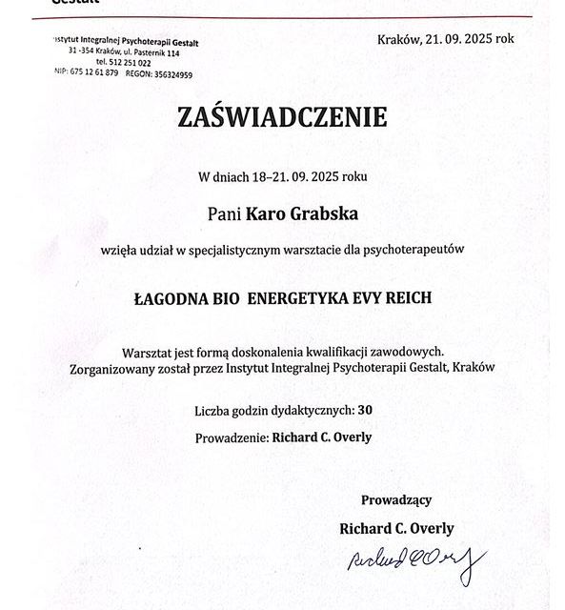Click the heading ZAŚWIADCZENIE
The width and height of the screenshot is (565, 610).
[x=282, y=117]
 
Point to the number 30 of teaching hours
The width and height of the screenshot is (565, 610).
[x=365, y=411]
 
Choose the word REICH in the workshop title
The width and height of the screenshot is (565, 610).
[x=409, y=297]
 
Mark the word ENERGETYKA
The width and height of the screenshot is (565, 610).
[x=296, y=297]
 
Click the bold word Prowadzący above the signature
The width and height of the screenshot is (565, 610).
[x=396, y=499]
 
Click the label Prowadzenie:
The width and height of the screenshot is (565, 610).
[x=231, y=437]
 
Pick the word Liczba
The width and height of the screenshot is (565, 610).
[x=212, y=411]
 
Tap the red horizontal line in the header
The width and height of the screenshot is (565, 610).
[x=286, y=17]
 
